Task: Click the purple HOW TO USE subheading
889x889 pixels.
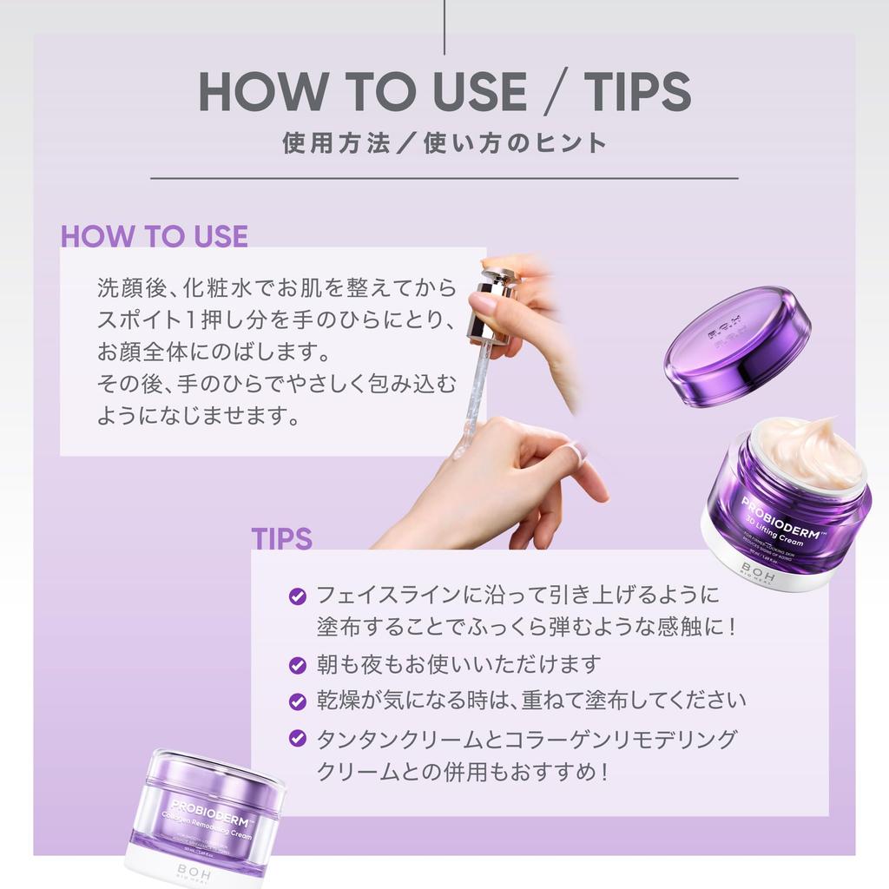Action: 155,236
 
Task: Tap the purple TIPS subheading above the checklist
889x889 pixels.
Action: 281,538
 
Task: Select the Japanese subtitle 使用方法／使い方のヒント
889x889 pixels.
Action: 444,142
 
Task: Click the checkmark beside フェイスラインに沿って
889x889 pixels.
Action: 297,596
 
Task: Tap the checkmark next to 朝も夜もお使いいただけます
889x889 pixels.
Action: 297,665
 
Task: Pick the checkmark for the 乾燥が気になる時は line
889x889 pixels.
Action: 297,701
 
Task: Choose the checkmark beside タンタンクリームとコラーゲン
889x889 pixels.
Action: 297,739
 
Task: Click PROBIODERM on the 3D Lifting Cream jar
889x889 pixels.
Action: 781,516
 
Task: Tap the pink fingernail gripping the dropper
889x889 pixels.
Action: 482,303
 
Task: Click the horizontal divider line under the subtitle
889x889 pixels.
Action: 444,179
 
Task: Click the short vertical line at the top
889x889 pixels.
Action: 444,26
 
